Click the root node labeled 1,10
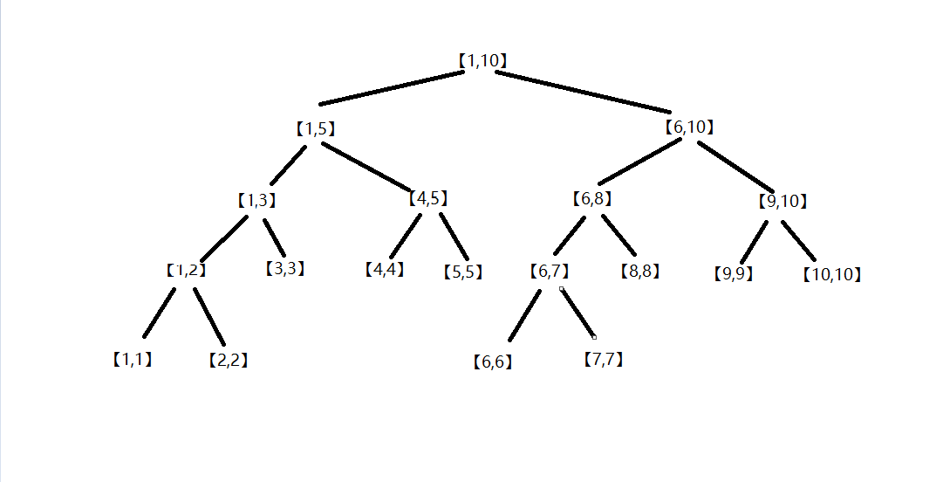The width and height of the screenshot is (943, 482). click(x=482, y=60)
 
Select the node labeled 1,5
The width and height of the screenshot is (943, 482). click(x=315, y=128)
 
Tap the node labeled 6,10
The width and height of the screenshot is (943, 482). click(x=689, y=127)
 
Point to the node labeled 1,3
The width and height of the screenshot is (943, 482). click(x=256, y=200)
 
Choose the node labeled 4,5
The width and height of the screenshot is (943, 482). click(x=428, y=198)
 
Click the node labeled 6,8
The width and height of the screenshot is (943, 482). click(x=592, y=198)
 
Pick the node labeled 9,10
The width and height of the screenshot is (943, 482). click(x=782, y=201)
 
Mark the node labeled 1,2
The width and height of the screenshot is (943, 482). click(x=187, y=270)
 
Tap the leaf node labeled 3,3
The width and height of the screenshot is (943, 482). click(x=285, y=268)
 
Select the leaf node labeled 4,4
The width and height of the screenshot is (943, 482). click(x=385, y=269)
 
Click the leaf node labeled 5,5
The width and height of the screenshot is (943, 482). click(x=463, y=272)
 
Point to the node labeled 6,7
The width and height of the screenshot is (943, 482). click(x=549, y=271)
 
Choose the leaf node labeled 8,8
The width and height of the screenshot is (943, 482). click(x=640, y=271)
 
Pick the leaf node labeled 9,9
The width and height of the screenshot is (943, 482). click(x=733, y=274)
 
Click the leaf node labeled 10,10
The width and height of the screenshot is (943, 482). click(x=831, y=274)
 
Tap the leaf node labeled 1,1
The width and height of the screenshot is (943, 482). click(x=132, y=359)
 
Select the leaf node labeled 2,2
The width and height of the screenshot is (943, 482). click(x=228, y=360)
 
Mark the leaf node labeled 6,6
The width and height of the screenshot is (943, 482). click(x=493, y=361)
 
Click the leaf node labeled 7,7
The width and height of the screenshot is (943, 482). click(x=603, y=359)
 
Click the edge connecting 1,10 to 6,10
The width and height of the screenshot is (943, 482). click(x=583, y=92)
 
